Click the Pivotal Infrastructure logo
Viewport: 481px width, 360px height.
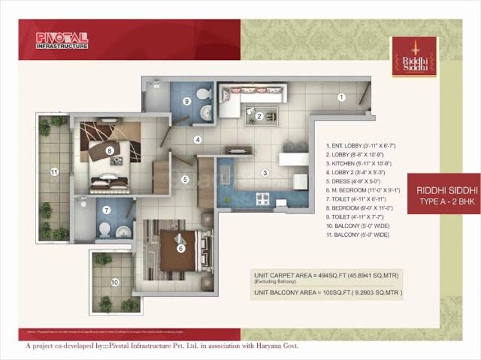pos(62,41)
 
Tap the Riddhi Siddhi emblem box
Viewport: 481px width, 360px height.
pos(414,56)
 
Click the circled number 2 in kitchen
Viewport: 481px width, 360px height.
pos(258,116)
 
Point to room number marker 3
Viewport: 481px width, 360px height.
pos(264,172)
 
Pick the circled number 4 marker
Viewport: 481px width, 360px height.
pos(198,139)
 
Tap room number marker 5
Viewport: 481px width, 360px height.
pos(185,179)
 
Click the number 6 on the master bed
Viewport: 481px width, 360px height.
pos(181,248)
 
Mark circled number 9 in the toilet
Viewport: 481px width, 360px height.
pos(186,101)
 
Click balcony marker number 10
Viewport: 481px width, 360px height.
pos(115,282)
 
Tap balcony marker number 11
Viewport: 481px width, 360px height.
pos(55,172)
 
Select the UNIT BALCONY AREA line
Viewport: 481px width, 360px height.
pos(328,292)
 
